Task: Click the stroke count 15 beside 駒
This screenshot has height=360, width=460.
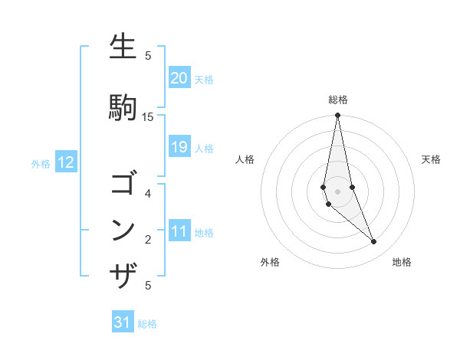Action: [148, 116]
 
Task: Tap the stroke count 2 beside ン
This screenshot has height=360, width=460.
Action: [148, 240]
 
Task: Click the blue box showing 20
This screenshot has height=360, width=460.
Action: [179, 78]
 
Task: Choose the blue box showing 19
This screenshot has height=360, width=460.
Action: [179, 147]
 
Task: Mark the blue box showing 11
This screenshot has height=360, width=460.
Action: [179, 231]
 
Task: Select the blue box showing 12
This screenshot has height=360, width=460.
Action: [66, 162]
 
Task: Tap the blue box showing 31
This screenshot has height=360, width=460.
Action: [123, 322]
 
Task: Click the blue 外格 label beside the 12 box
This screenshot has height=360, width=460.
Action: [41, 163]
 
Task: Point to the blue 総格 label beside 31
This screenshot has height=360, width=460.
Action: [147, 324]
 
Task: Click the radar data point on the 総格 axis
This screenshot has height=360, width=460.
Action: [337, 115]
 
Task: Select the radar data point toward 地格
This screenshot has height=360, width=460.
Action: [374, 242]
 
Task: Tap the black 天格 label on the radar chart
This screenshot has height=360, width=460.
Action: [431, 159]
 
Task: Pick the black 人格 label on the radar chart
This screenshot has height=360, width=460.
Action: [245, 159]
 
